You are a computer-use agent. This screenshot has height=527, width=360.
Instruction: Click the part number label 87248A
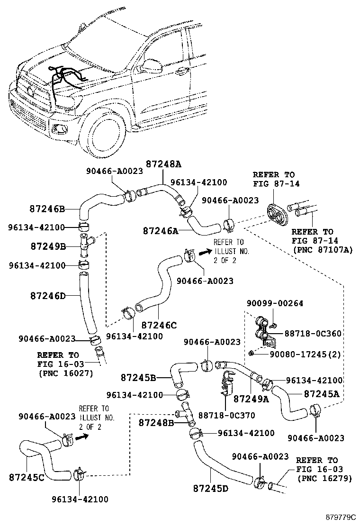(x=163, y=164)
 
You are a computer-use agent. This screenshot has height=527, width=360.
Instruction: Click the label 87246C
(x=159, y=325)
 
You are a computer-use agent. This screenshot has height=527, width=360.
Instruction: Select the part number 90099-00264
(x=275, y=303)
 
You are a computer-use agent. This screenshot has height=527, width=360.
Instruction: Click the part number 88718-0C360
(x=313, y=334)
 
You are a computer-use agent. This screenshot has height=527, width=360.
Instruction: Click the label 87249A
(x=251, y=399)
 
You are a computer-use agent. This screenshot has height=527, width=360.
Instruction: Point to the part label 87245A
(x=322, y=393)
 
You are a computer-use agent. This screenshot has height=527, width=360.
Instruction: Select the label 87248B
(x=157, y=422)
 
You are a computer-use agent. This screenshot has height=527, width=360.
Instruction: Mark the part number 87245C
(x=27, y=477)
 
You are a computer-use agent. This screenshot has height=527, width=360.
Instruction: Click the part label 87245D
(x=211, y=488)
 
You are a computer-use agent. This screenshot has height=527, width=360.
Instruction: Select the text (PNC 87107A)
(x=323, y=249)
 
